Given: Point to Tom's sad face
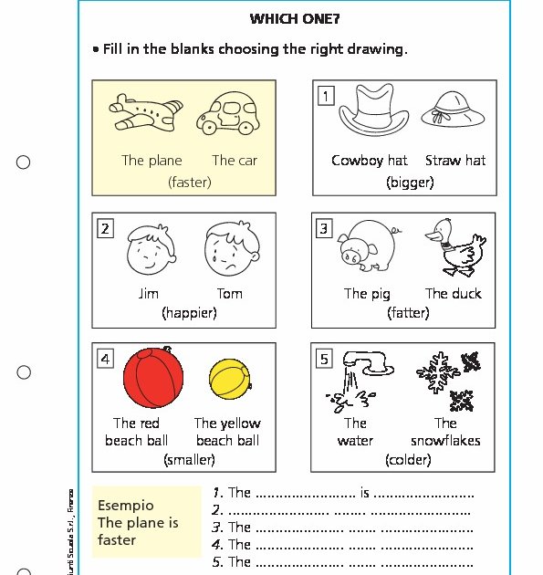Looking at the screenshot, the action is [229, 251].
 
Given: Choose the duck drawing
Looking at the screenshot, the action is [452, 246].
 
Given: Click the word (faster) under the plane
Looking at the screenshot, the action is [190, 182].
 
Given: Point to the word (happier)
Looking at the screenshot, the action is [189, 312].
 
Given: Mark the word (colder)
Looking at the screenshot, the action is [408, 460].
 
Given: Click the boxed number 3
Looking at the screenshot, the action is [324, 228].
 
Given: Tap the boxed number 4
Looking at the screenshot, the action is [106, 359].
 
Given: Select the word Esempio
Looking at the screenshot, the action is [126, 505].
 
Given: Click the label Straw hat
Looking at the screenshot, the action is [455, 161].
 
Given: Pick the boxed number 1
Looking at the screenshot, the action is [325, 95].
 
